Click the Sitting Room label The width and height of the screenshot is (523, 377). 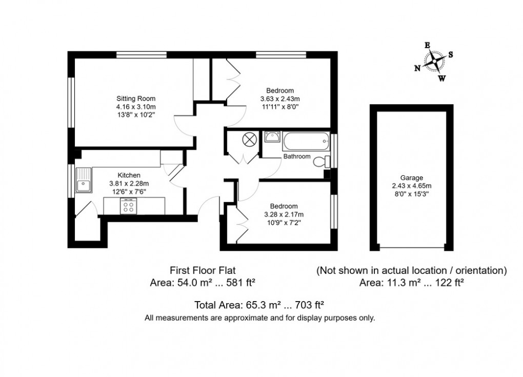[x=135, y=98]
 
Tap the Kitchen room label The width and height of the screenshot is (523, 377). [x=129, y=175]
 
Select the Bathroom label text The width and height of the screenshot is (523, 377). [x=296, y=156]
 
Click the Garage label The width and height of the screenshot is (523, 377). [x=412, y=177]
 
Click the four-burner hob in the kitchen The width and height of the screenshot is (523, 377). [x=128, y=206]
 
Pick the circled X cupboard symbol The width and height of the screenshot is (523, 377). [x=249, y=139]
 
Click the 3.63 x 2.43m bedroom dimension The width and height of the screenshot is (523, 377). [x=279, y=99]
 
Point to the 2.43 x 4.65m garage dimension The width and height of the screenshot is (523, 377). [x=412, y=186]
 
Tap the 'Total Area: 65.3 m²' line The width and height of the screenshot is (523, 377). [x=258, y=305]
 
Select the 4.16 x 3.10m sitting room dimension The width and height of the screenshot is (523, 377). [x=136, y=107]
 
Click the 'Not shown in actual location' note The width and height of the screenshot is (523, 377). [x=412, y=270]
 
